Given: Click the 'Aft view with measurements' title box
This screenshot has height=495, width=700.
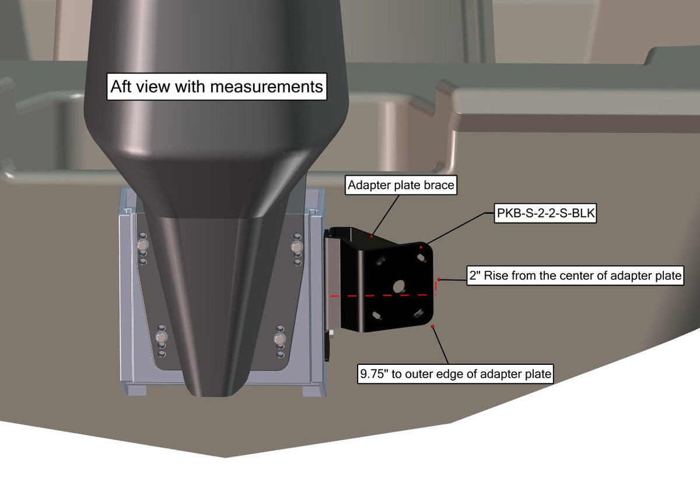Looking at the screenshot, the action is (216, 86).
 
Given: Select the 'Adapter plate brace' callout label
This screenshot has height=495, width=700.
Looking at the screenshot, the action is (401, 185).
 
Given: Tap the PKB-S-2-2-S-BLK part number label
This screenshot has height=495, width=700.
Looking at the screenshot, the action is (545, 213).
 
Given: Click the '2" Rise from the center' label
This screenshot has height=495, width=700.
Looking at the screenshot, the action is (575, 276).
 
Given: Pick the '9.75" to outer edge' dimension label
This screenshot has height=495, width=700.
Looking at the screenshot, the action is (456, 374).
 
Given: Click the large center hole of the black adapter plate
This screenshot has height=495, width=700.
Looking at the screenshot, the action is (399, 287).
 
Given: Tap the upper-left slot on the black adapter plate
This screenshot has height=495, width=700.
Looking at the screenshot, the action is (381, 260).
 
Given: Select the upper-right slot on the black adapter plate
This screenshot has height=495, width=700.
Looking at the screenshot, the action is (421, 258).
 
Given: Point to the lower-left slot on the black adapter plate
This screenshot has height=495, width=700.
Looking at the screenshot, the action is (377, 316).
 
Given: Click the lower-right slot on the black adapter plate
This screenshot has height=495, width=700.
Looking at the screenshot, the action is (418, 313).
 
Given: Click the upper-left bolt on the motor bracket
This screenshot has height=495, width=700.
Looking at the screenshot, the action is (142, 245).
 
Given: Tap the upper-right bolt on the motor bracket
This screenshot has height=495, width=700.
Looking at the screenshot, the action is (296, 247).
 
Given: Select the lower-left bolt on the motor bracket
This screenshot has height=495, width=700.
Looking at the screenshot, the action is (161, 337).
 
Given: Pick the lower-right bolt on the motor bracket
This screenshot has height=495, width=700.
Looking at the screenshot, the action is (279, 339).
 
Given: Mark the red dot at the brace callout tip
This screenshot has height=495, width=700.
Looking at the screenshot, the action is (371, 236).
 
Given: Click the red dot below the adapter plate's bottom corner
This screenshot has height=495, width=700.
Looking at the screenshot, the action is (432, 326).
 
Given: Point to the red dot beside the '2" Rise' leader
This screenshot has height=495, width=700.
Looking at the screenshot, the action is (439, 280).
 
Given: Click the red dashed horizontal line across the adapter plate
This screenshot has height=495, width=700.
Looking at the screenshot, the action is (383, 295).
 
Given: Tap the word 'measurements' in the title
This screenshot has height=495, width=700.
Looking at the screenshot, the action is (267, 87).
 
